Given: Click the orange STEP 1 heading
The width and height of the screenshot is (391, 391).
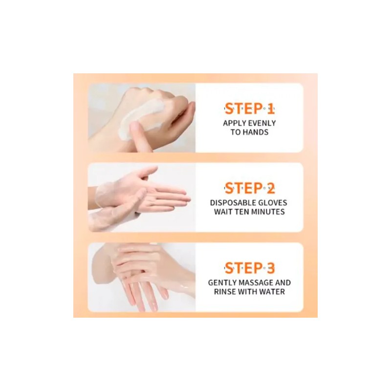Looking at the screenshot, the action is point(249,109).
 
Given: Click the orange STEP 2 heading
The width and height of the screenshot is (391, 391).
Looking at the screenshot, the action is point(249,189).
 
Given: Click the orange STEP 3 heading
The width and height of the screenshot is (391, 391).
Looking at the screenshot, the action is point(249,268).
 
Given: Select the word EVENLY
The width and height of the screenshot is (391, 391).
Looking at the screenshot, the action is point(262,123).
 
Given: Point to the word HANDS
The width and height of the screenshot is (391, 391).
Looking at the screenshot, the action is point(257,132).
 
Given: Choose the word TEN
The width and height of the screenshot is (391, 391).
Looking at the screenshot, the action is point(242,212).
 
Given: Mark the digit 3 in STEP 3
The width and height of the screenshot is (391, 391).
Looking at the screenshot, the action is point(270,268).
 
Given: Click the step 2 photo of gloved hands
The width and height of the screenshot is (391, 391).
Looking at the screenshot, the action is point(142,197).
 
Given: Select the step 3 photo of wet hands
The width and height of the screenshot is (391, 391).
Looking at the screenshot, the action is point(142,277).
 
